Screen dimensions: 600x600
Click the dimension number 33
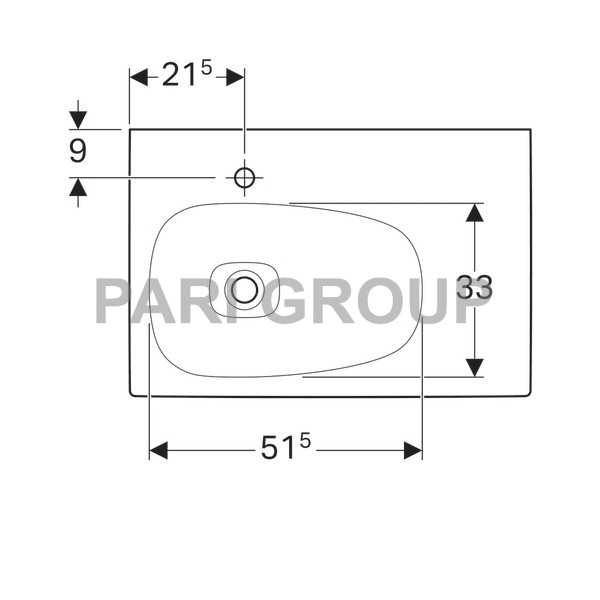pos(474,289)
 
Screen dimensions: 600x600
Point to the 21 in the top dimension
pos(179,77)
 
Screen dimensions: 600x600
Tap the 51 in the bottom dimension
pos(279,452)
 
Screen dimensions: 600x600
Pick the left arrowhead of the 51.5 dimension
pos(158,451)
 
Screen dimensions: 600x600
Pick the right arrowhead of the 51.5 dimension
pos(412,451)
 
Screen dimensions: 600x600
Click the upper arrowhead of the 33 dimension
pos(474,213)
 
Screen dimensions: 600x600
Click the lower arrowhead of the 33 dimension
pos(474,367)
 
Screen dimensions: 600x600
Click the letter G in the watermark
pos(292,301)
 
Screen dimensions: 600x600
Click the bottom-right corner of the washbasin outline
pos(530,395)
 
